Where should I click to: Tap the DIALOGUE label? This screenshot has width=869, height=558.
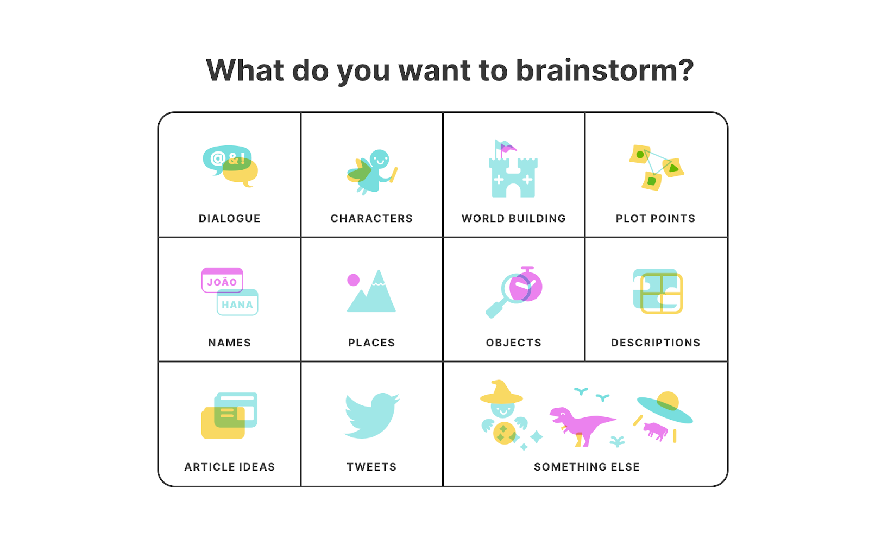(229, 218)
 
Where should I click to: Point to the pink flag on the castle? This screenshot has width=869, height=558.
(508, 148)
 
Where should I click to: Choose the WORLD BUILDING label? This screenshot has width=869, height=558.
(513, 218)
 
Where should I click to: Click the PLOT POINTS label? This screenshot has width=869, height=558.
(655, 218)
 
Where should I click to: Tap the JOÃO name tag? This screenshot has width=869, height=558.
(222, 281)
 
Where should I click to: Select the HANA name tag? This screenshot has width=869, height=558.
(237, 304)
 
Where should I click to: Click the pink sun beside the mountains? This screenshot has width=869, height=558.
(354, 280)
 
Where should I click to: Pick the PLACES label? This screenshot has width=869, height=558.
(371, 343)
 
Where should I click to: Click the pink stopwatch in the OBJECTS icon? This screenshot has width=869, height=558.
(527, 287)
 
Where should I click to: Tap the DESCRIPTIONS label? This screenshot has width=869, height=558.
(655, 343)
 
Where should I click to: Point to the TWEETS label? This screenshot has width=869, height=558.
(371, 467)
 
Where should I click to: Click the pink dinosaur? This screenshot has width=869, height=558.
(581, 423)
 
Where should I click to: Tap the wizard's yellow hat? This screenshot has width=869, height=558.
(501, 393)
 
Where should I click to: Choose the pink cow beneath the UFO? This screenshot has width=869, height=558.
(655, 431)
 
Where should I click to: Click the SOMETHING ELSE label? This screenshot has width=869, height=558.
(587, 467)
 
